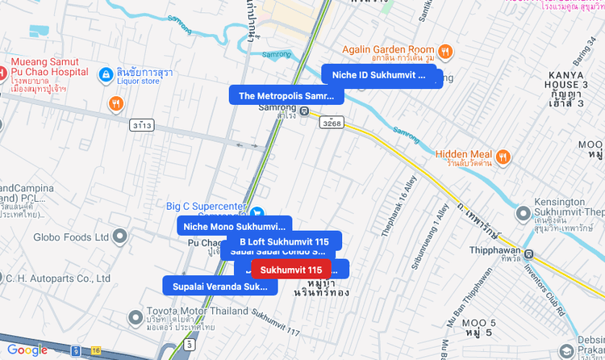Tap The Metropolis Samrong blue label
point(286,96)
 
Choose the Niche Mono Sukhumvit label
point(234,226)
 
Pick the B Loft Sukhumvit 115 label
point(284,241)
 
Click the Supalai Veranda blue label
point(219,286)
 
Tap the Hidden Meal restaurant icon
point(503,156)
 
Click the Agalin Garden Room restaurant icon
point(444,52)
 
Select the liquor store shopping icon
point(105,76)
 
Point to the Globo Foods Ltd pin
point(120,237)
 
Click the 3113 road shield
point(142,125)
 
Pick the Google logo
point(27,350)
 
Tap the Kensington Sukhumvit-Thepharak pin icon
point(522,212)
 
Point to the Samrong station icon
point(304,111)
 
